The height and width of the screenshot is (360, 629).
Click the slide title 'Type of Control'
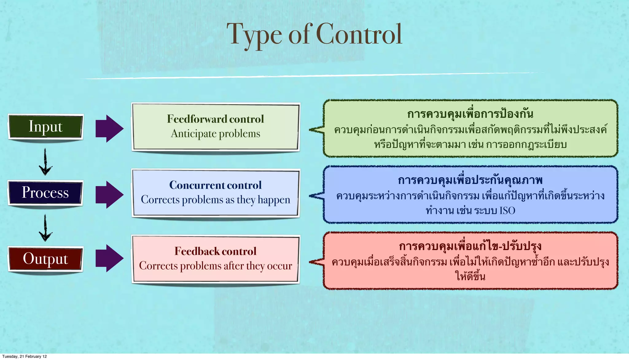click(x=314, y=35)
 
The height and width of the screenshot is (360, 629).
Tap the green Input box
click(x=45, y=126)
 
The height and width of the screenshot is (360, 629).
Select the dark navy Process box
click(x=45, y=192)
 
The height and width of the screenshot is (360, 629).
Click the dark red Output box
click(x=45, y=259)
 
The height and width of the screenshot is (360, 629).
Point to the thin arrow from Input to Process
click(x=45, y=162)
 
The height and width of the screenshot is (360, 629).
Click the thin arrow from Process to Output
click(x=45, y=228)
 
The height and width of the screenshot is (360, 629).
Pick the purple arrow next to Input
click(x=109, y=129)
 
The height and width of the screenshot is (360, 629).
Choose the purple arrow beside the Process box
click(x=109, y=195)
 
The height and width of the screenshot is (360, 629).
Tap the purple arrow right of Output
click(x=109, y=258)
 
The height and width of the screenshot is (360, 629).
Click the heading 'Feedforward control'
click(x=215, y=119)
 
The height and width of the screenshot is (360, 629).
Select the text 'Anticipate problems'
click(x=215, y=134)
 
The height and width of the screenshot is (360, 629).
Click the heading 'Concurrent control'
click(x=215, y=185)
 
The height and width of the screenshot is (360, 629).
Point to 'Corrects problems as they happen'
click(x=215, y=200)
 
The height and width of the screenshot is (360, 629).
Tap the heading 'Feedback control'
click(x=215, y=251)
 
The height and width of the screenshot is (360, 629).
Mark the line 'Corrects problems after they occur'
click(x=215, y=266)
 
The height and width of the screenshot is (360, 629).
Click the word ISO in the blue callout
click(x=507, y=211)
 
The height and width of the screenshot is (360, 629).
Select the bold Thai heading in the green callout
click(x=470, y=114)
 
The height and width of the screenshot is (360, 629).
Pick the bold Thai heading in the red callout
click(x=470, y=246)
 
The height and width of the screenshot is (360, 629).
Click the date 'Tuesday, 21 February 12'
click(x=25, y=356)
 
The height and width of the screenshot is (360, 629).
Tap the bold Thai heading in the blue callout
click(x=470, y=180)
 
